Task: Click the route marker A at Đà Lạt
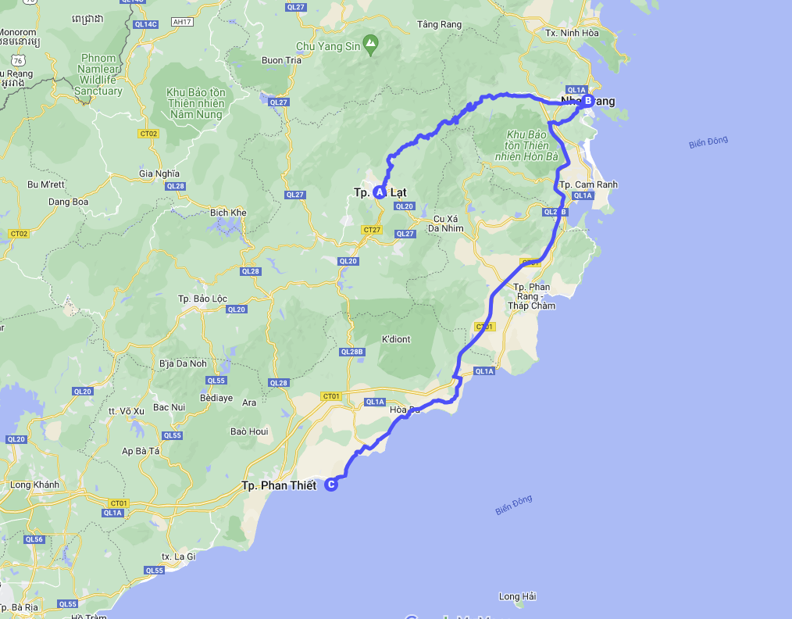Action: tap(380, 191)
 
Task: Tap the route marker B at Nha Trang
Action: tap(587, 100)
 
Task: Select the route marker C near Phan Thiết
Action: tap(331, 485)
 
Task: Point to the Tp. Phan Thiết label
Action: tap(279, 485)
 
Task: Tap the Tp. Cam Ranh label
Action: tap(588, 184)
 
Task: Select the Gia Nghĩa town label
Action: tap(159, 174)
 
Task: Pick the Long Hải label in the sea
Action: tap(517, 596)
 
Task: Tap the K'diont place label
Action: tap(395, 339)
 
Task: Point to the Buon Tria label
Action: tap(282, 60)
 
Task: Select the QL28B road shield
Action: tap(352, 352)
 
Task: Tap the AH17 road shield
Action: tap(184, 22)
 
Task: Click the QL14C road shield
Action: tap(145, 24)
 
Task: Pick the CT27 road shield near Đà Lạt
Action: tap(372, 230)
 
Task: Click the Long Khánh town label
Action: tap(34, 485)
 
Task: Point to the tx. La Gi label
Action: tap(177, 556)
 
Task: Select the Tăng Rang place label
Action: tap(439, 24)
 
